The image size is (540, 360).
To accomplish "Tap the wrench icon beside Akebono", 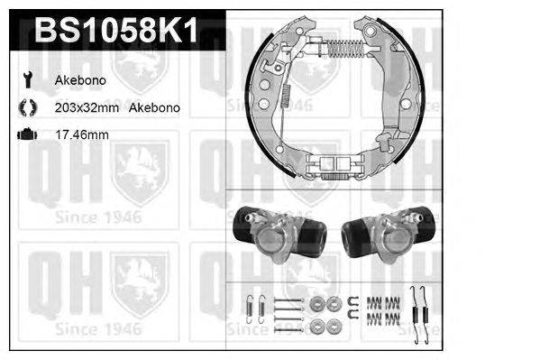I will pyautogui.click(x=27, y=80).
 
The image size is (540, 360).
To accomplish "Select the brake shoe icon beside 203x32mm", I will pyautogui.click(x=27, y=107).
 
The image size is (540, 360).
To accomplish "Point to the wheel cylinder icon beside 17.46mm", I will pyautogui.click(x=27, y=135).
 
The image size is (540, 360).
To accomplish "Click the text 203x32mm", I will pyautogui.click(x=87, y=107).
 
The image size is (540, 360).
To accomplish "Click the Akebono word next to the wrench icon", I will pyautogui.click(x=79, y=80).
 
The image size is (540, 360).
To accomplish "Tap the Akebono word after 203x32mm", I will pyautogui.click(x=154, y=107).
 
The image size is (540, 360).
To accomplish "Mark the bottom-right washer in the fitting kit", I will pyautogui.click(x=333, y=322).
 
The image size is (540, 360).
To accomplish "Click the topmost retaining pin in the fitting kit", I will pyautogui.click(x=285, y=300).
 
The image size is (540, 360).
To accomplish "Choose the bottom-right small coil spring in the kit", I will pyautogui.click(x=393, y=319).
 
